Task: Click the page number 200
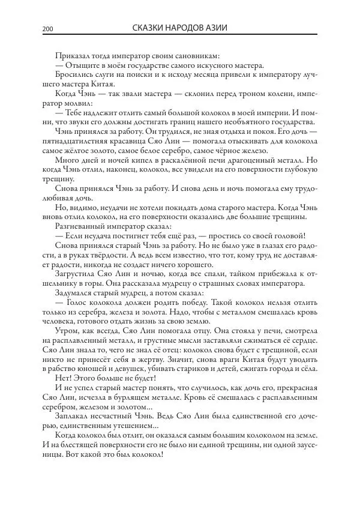click(x=47, y=28)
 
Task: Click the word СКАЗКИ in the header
click(x=148, y=28)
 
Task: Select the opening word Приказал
click(x=71, y=56)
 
